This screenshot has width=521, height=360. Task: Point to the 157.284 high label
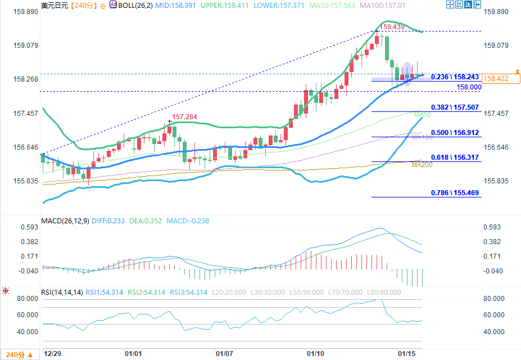click(x=184, y=117)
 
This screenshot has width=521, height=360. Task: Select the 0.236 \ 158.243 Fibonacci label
click(x=455, y=76)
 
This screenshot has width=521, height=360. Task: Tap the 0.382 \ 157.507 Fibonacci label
click(x=455, y=107)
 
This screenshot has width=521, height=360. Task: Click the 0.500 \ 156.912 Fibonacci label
click(x=455, y=133)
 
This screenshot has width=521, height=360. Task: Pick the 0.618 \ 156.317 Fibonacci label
click(x=455, y=157)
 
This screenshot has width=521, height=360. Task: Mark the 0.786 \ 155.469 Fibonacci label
click(x=455, y=193)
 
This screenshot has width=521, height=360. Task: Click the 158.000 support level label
click(x=469, y=87)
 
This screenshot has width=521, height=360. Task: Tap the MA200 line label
click(x=422, y=164)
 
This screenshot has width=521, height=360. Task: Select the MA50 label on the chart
click(x=422, y=115)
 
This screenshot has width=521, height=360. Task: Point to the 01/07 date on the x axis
click(x=224, y=354)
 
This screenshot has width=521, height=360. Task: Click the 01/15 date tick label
click(x=406, y=354)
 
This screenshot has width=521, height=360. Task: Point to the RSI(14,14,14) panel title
click(x=62, y=292)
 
